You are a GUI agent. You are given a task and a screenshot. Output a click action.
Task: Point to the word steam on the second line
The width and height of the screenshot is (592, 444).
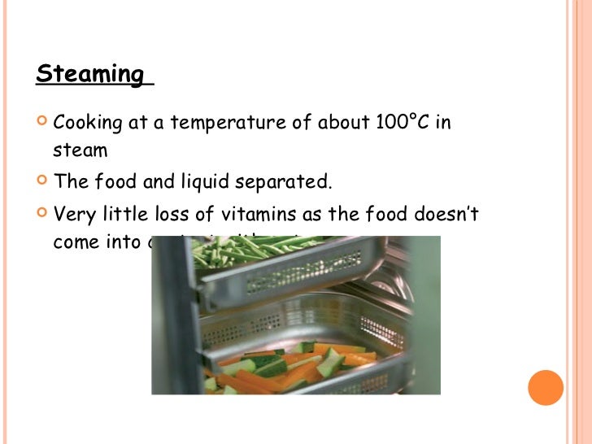81,151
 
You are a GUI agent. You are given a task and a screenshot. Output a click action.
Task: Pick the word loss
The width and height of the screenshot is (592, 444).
198,215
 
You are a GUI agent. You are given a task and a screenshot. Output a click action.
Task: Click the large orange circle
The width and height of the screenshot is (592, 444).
546,387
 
